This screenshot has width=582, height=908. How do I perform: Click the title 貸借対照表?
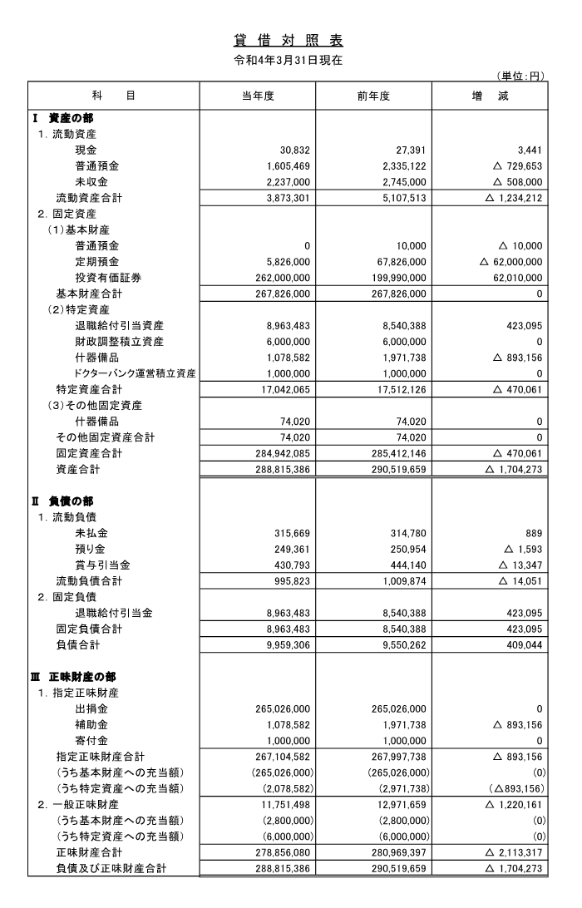pyautogui.click(x=289, y=40)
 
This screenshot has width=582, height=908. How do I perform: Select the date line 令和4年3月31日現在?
pyautogui.click(x=289, y=60)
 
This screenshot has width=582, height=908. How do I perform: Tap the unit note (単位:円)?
pyautogui.click(x=520, y=76)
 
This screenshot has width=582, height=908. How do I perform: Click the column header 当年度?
pyautogui.click(x=258, y=96)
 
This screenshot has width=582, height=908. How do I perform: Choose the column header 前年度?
pyautogui.click(x=373, y=96)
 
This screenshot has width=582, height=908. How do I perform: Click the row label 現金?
pyautogui.click(x=86, y=150)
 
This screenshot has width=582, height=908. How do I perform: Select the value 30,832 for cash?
pyautogui.click(x=293, y=150)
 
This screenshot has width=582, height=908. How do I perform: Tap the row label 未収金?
pyautogui.click(x=91, y=181)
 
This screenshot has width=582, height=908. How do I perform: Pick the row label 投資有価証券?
pyautogui.click(x=107, y=278)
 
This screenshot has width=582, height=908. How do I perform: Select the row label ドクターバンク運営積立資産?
pyautogui.click(x=136, y=373)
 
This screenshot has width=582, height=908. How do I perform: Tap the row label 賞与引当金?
pyautogui.click(x=101, y=565)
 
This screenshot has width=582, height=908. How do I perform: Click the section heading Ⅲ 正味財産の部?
pyautogui.click(x=75, y=677)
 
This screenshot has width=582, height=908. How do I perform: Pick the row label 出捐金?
pyautogui.click(x=91, y=708)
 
